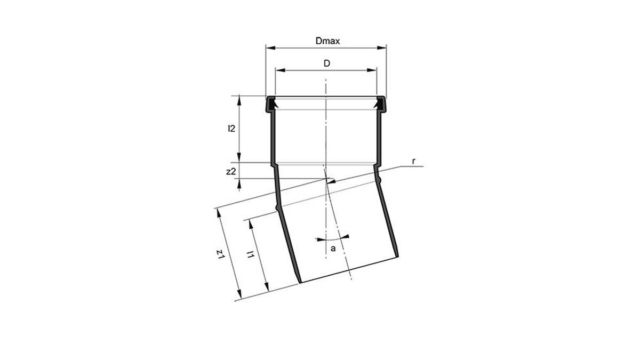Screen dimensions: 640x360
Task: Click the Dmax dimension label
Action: pyautogui.click(x=327, y=41)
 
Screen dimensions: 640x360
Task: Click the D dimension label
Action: pyautogui.click(x=326, y=63)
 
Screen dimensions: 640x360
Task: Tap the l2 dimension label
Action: pyautogui.click(x=231, y=129)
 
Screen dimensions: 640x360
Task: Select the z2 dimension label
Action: pyautogui.click(x=231, y=172)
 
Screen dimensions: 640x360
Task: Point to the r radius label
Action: pyautogui.click(x=413, y=162)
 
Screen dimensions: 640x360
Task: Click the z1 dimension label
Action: pyautogui.click(x=221, y=254)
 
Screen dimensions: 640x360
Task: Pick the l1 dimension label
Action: pyautogui.click(x=251, y=254)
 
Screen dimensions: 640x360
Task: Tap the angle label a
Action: pyautogui.click(x=333, y=249)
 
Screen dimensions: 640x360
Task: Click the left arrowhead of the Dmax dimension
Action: pyautogui.click(x=270, y=47)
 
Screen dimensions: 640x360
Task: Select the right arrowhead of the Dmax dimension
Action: pyautogui.click(x=382, y=47)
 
